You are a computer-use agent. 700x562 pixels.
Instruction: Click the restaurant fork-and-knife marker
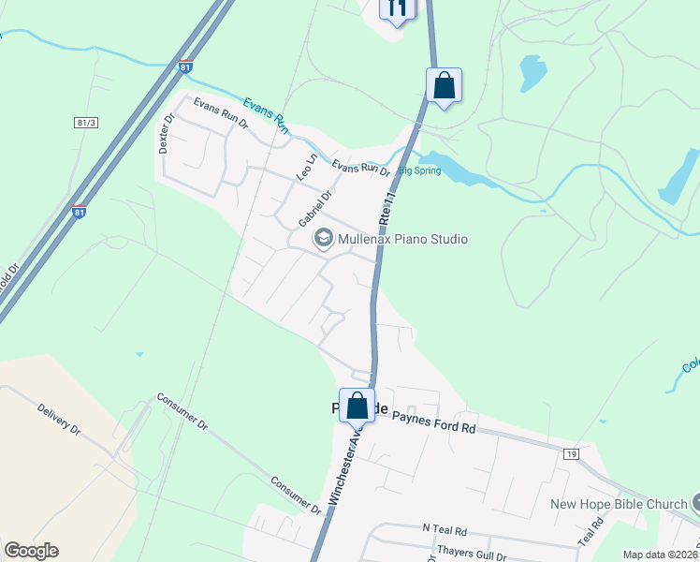(397, 8)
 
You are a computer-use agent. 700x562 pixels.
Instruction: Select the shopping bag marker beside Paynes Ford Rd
(357, 406)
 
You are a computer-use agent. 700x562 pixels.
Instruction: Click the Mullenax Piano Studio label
(402, 239)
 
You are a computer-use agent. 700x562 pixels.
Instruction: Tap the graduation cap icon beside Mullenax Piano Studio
(324, 239)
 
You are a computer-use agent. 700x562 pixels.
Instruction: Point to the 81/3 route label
(86, 123)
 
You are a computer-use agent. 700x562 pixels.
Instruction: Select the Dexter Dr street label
(168, 134)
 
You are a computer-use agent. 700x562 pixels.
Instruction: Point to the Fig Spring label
(419, 170)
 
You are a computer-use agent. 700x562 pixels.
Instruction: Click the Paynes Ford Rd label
(433, 422)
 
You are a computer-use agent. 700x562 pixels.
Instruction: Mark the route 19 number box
(572, 453)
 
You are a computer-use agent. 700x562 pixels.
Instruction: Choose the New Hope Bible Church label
(618, 504)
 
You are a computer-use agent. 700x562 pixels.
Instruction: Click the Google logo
(31, 551)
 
